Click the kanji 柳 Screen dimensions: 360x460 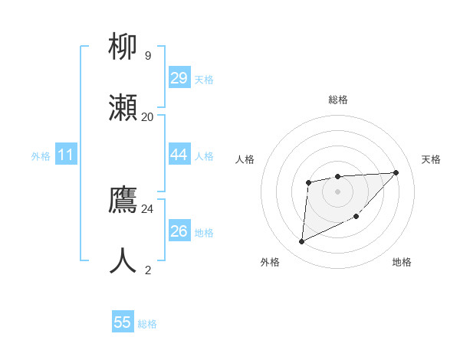123,47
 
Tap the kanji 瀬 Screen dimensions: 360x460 123,107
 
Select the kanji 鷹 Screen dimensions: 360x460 123,200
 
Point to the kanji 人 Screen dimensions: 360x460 123,260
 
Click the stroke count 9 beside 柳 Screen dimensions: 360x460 148,56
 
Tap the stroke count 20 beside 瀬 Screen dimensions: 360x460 148,116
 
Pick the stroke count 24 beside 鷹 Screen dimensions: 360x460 148,208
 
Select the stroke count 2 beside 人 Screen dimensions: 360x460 148,270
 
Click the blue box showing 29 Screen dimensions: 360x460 179,78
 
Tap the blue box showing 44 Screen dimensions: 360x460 179,155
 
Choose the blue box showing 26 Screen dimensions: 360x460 179,231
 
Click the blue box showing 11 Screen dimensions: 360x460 66,155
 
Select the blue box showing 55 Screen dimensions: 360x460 123,322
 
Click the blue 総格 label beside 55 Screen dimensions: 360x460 147,324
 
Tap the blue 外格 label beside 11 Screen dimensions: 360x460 41,156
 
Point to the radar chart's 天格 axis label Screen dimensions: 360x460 432,159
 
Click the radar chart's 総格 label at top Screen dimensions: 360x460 338,100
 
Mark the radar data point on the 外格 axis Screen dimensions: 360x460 301,242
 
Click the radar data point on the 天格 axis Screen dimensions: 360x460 396,172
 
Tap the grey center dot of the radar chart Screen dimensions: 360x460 337,190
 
